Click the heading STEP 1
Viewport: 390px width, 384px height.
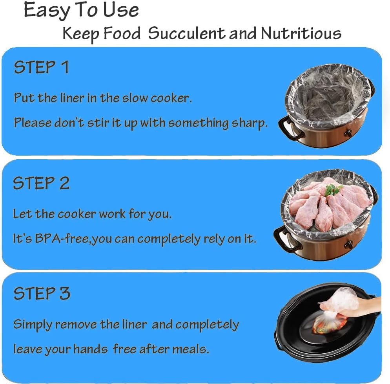[41, 67]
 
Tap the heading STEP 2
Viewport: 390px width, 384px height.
[41, 183]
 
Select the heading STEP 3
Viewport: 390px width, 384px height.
[42, 294]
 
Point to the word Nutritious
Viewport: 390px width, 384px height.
[301, 34]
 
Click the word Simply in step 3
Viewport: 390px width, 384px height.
[33, 325]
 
